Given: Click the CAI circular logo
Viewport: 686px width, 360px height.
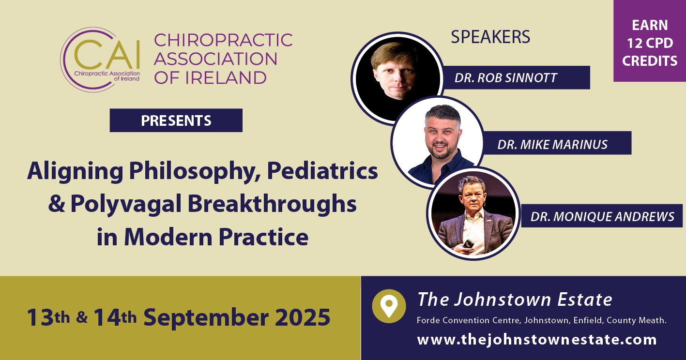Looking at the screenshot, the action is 100,60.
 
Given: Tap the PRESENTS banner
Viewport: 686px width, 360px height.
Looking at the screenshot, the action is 176,120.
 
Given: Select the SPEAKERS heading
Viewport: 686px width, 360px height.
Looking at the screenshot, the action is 490,37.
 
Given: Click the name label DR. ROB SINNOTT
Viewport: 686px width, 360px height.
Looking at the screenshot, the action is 517,78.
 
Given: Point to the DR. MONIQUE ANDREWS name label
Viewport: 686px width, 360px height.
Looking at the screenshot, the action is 602,216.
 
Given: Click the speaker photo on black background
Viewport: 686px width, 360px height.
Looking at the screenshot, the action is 397,78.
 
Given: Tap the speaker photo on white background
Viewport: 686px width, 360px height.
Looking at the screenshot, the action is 437,143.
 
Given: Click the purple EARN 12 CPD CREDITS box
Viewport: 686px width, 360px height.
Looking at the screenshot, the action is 650,41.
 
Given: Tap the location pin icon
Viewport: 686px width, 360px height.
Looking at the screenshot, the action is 389,306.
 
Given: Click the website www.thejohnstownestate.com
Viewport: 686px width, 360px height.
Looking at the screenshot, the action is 537,340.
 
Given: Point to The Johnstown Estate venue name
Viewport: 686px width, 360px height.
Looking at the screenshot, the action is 515,299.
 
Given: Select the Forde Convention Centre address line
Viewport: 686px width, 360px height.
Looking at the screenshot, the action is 542,320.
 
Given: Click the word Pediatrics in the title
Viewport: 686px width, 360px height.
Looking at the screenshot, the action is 322,171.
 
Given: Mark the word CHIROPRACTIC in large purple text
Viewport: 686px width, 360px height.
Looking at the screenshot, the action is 223,40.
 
